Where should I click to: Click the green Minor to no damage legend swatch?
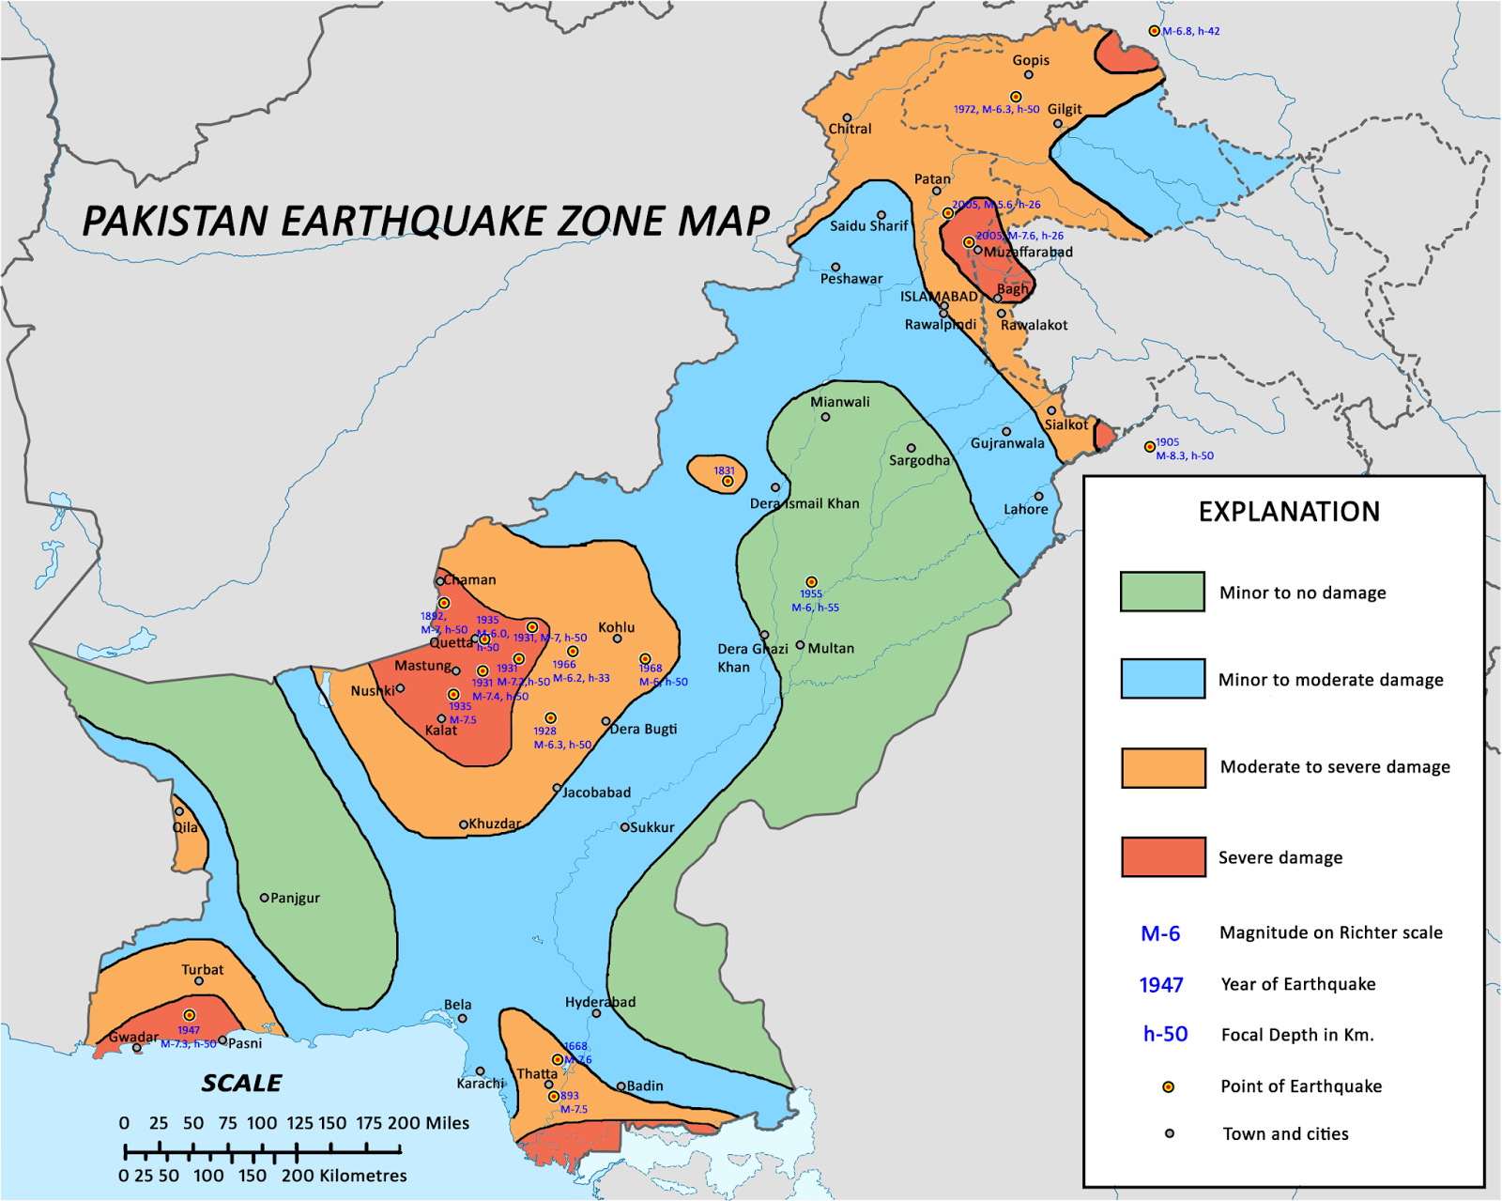(x=1162, y=592)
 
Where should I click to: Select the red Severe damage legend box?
(x=1163, y=856)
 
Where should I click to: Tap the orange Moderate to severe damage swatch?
(x=1163, y=767)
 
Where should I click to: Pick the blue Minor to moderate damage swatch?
(x=1162, y=678)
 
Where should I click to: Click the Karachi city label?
(x=481, y=1084)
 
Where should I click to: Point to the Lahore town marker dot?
(x=1038, y=496)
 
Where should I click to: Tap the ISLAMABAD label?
(x=939, y=297)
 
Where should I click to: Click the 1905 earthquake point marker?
(x=1149, y=447)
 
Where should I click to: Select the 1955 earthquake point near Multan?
(x=811, y=582)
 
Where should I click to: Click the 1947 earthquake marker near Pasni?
(x=189, y=1015)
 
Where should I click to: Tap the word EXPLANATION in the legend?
(x=1289, y=512)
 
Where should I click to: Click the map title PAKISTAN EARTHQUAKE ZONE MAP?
(x=426, y=222)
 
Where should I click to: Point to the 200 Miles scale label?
(x=428, y=1123)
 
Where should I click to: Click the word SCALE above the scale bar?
(x=241, y=1084)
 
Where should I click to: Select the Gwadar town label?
(x=133, y=1038)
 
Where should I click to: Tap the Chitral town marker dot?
(x=847, y=118)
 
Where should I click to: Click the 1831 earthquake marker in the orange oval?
(x=727, y=481)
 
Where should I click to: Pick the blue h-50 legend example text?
(x=1165, y=1035)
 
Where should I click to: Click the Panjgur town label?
(x=295, y=899)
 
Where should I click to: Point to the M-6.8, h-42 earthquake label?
(x=1191, y=31)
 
